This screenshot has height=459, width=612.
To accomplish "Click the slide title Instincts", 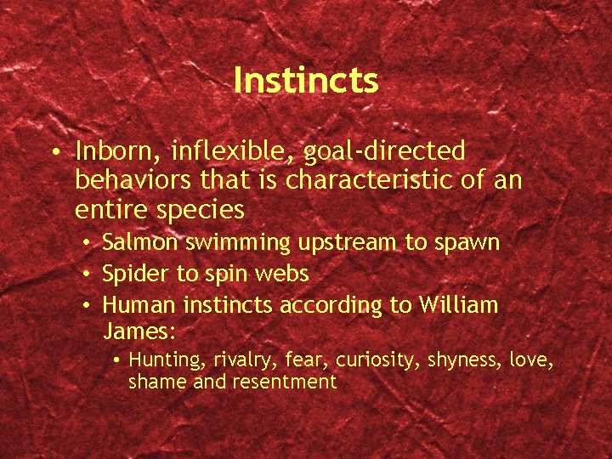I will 305,81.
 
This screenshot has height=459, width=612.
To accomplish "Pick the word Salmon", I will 139,243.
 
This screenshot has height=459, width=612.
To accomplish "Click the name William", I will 458,305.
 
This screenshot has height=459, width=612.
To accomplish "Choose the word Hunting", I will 162,361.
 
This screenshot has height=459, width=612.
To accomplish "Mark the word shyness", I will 454,361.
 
